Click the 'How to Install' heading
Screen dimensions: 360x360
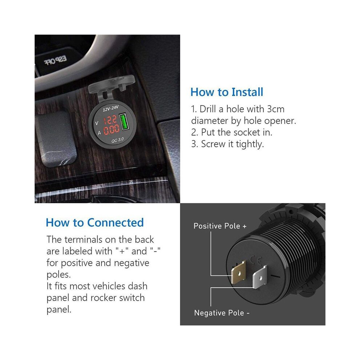coord(227,92)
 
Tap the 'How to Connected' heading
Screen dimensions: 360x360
coord(95,223)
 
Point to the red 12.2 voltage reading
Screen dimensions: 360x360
coord(110,120)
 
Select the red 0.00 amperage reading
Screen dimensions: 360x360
coord(112,129)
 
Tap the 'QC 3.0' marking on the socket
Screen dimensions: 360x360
coord(117,140)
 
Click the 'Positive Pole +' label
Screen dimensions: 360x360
coord(220,226)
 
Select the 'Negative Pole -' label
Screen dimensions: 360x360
coord(222,313)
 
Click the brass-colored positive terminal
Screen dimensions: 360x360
coord(238,272)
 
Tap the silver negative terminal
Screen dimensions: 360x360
coord(260,277)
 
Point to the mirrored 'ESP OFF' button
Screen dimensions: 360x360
coord(55,60)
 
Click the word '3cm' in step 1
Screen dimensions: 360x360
coord(276,109)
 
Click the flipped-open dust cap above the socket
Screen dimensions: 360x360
coord(111,86)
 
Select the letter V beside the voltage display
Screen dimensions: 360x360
coord(97,123)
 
